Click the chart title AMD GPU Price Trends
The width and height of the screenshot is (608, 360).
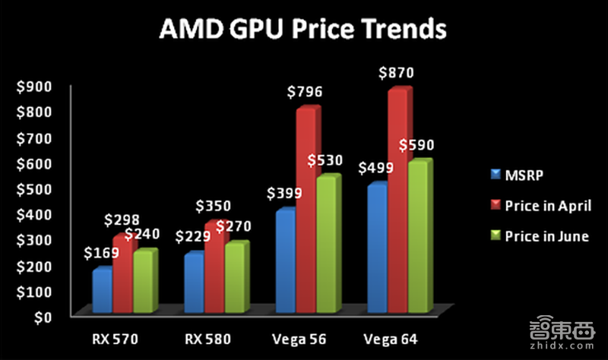tap(302, 31)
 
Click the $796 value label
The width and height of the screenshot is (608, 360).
tap(305, 93)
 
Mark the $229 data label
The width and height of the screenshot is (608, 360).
tap(188, 238)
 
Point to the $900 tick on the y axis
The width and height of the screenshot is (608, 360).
tap(33, 87)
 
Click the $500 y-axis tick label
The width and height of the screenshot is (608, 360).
tap(33, 189)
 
